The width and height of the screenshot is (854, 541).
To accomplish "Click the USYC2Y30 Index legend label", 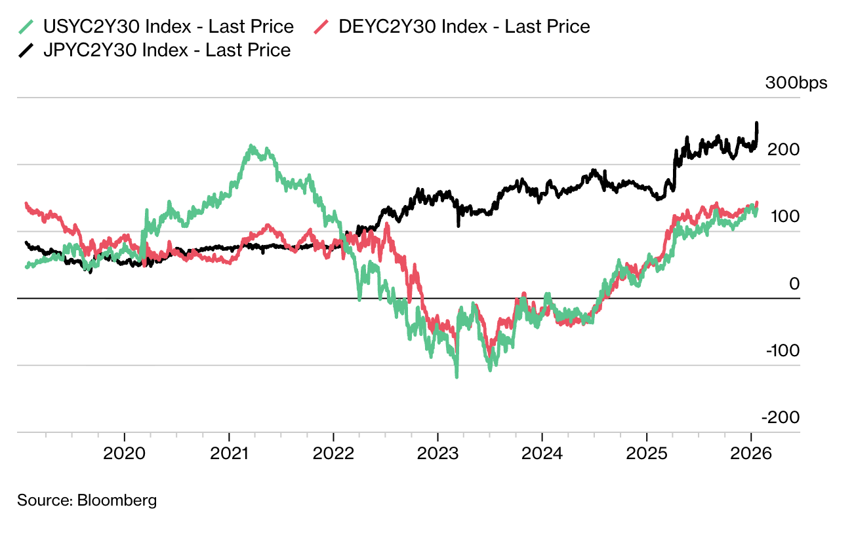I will coord(168,27).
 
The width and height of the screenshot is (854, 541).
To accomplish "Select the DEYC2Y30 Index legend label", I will coord(464,27).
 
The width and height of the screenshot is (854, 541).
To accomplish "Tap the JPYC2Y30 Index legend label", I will coord(167,50).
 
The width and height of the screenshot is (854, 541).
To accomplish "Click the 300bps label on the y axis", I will coord(796,83).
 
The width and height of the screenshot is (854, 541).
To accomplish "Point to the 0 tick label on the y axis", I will coord(794,284).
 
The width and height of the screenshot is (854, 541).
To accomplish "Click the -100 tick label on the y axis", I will coord(783,350).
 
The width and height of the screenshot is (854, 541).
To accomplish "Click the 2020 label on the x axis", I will coord(124,453).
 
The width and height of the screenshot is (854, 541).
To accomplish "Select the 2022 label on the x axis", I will coord(333,453).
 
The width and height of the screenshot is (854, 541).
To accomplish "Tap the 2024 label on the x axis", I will coord(542,453).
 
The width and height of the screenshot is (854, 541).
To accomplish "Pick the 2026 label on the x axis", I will coord(750,453).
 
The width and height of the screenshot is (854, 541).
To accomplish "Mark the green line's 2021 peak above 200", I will coord(251,147).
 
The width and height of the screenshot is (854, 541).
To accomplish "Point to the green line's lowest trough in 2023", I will coord(457,376).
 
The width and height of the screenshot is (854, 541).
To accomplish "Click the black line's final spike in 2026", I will coord(757,124).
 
